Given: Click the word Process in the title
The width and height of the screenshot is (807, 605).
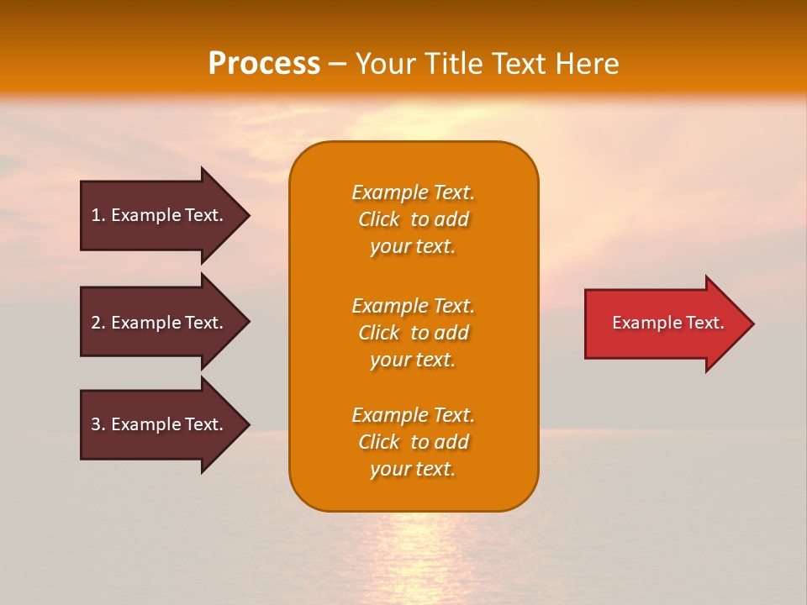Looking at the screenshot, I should (x=264, y=64).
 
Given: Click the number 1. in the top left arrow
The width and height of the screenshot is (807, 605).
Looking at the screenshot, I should (x=98, y=215).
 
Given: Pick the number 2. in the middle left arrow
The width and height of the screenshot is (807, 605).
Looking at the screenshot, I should (x=98, y=323).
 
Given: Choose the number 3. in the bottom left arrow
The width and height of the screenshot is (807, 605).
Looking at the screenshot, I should (x=98, y=424).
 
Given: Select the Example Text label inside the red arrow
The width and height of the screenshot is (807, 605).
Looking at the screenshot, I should (x=667, y=323).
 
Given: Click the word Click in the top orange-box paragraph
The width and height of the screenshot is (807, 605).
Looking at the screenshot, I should (x=379, y=220).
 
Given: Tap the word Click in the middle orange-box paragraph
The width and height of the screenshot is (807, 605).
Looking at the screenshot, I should (x=379, y=333).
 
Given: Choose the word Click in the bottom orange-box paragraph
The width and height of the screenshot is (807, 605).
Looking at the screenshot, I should (x=379, y=442).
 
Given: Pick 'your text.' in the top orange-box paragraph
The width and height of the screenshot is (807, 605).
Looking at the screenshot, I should (x=413, y=247).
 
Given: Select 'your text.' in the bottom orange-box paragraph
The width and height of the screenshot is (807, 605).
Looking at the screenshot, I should (x=413, y=469).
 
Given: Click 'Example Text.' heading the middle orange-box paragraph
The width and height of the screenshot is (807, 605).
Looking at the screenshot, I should (x=413, y=306).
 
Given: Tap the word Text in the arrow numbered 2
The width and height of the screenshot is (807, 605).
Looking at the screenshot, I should (x=203, y=323).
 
